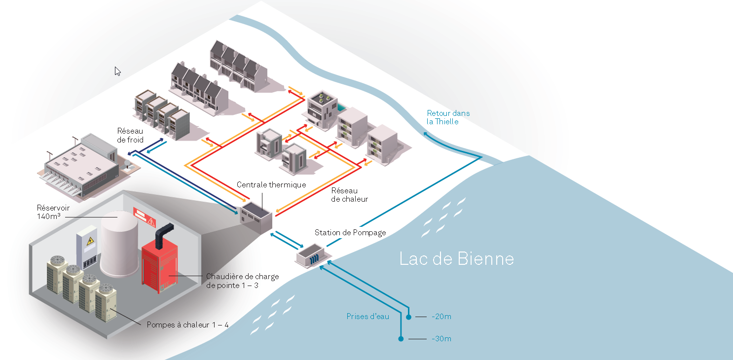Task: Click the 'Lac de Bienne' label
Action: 456,258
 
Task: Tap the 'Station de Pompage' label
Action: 350,232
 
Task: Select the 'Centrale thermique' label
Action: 271,185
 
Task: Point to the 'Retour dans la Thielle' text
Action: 448,117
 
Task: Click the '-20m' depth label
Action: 441,317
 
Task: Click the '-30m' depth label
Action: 441,339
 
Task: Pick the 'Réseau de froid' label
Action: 130,135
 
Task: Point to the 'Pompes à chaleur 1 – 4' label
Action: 187,325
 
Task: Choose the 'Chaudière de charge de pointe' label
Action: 242,281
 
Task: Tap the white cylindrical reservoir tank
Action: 119,244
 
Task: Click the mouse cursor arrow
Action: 117,71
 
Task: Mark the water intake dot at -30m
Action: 401,339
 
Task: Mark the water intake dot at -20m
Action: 408,317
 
